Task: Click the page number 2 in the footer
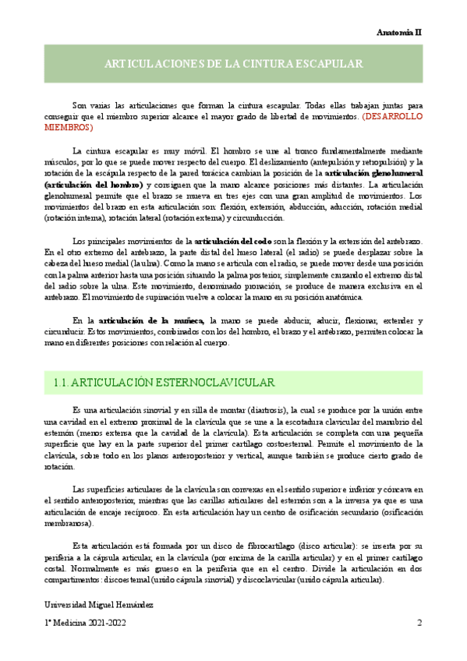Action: (x=419, y=624)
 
